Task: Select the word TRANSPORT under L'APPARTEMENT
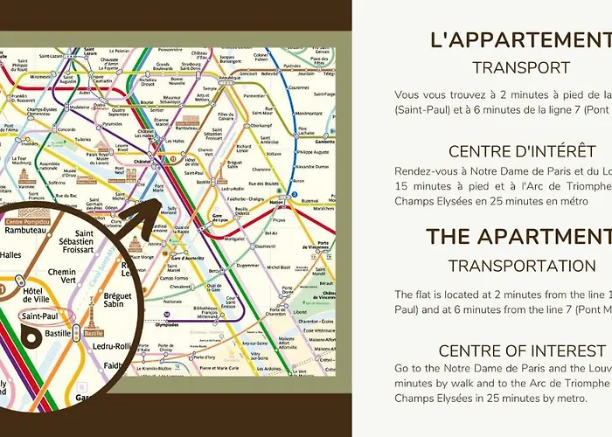tap(521, 67)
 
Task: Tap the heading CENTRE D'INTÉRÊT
tap(521, 151)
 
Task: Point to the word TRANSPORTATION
tap(521, 265)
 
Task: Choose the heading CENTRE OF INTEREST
tap(521, 350)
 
